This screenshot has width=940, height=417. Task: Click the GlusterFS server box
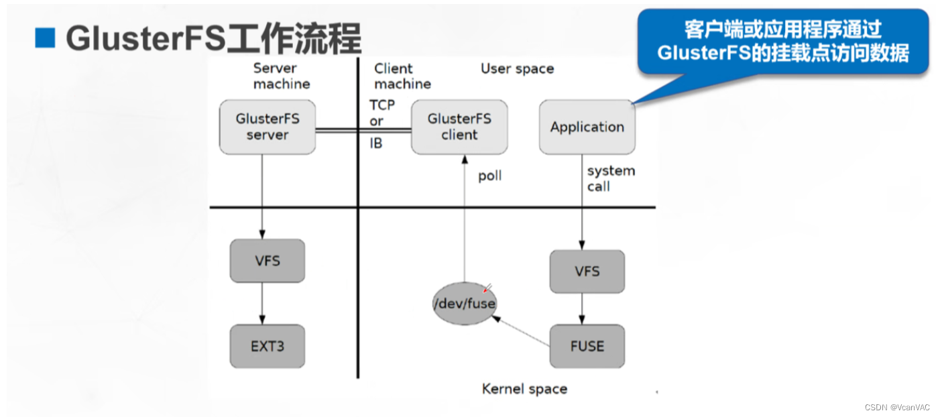[x=267, y=127]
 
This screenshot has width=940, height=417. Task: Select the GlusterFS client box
[x=459, y=127]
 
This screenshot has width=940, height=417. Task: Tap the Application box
[x=587, y=127]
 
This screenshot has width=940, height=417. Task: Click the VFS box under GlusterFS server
[x=267, y=261]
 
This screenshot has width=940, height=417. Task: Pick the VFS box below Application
[x=587, y=272]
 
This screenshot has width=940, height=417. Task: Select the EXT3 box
[x=267, y=346]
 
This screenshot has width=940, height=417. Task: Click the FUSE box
[x=587, y=346]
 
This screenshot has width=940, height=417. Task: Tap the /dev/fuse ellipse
[x=464, y=304]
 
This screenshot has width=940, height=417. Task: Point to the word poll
[x=489, y=176]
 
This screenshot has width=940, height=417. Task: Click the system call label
[x=610, y=178]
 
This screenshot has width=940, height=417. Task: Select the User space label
[x=517, y=68]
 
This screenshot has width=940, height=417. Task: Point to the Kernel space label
[x=524, y=389]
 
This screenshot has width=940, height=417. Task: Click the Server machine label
[x=282, y=76]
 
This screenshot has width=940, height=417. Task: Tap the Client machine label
[x=402, y=76]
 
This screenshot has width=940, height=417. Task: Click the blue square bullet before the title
[x=45, y=39]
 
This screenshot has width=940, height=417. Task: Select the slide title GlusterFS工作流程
[x=213, y=39]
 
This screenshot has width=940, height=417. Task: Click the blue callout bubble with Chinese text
[x=782, y=42]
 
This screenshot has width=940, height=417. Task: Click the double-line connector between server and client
[x=363, y=131]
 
